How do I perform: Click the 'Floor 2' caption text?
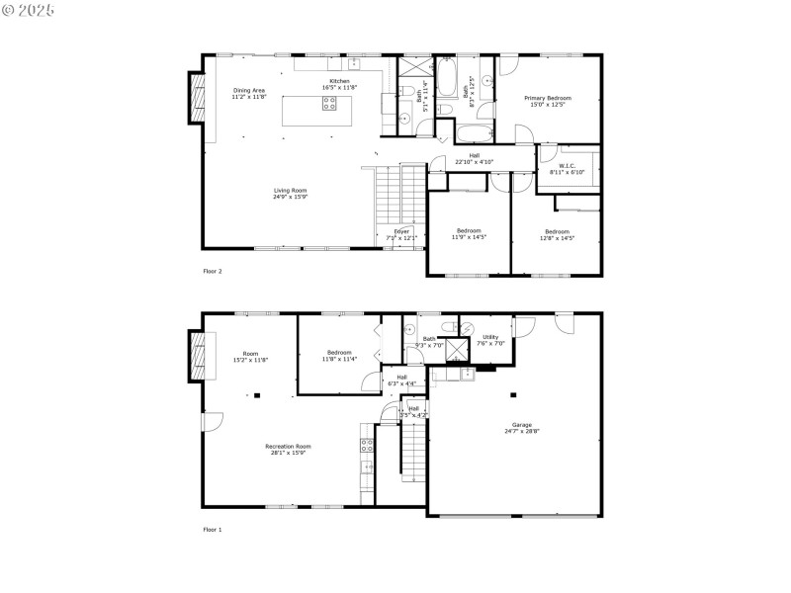pyautogui.click(x=213, y=270)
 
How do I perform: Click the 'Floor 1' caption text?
pyautogui.click(x=213, y=530)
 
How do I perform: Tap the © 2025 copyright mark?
pyautogui.click(x=29, y=10)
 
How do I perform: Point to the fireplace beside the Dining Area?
pyautogui.click(x=194, y=99)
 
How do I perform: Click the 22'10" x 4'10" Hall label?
pyautogui.click(x=475, y=159)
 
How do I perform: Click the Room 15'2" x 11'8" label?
pyautogui.click(x=250, y=357)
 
